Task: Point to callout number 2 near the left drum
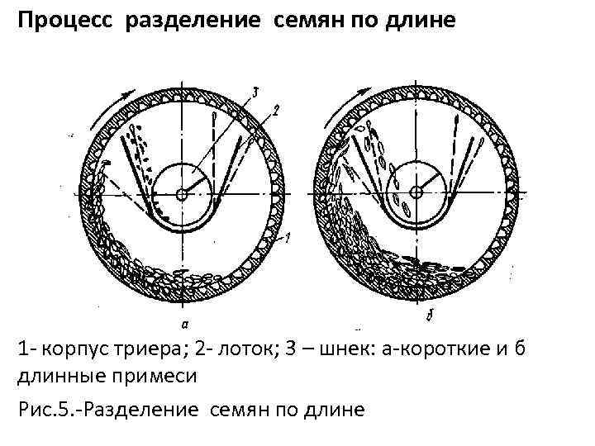point(278,108)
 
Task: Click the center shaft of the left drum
point(182,194)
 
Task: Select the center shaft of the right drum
point(416,192)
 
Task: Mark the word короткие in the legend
point(444,350)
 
